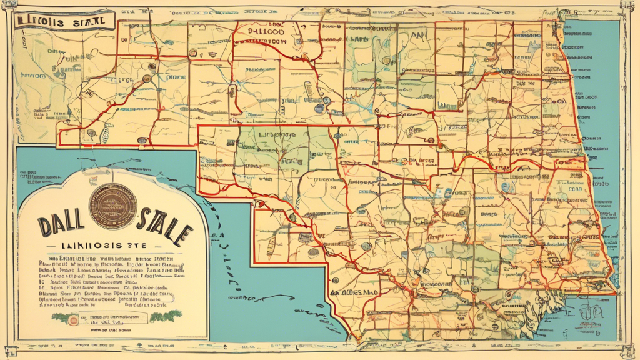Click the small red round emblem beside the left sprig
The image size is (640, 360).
point(74,320)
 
